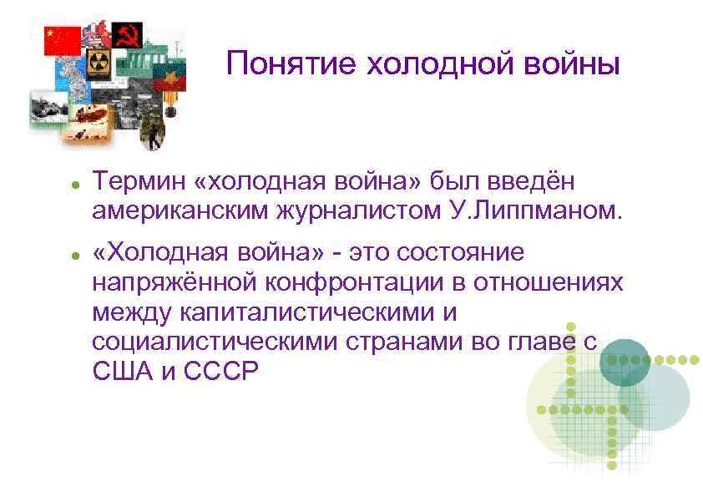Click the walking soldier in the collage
(x=153, y=126)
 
